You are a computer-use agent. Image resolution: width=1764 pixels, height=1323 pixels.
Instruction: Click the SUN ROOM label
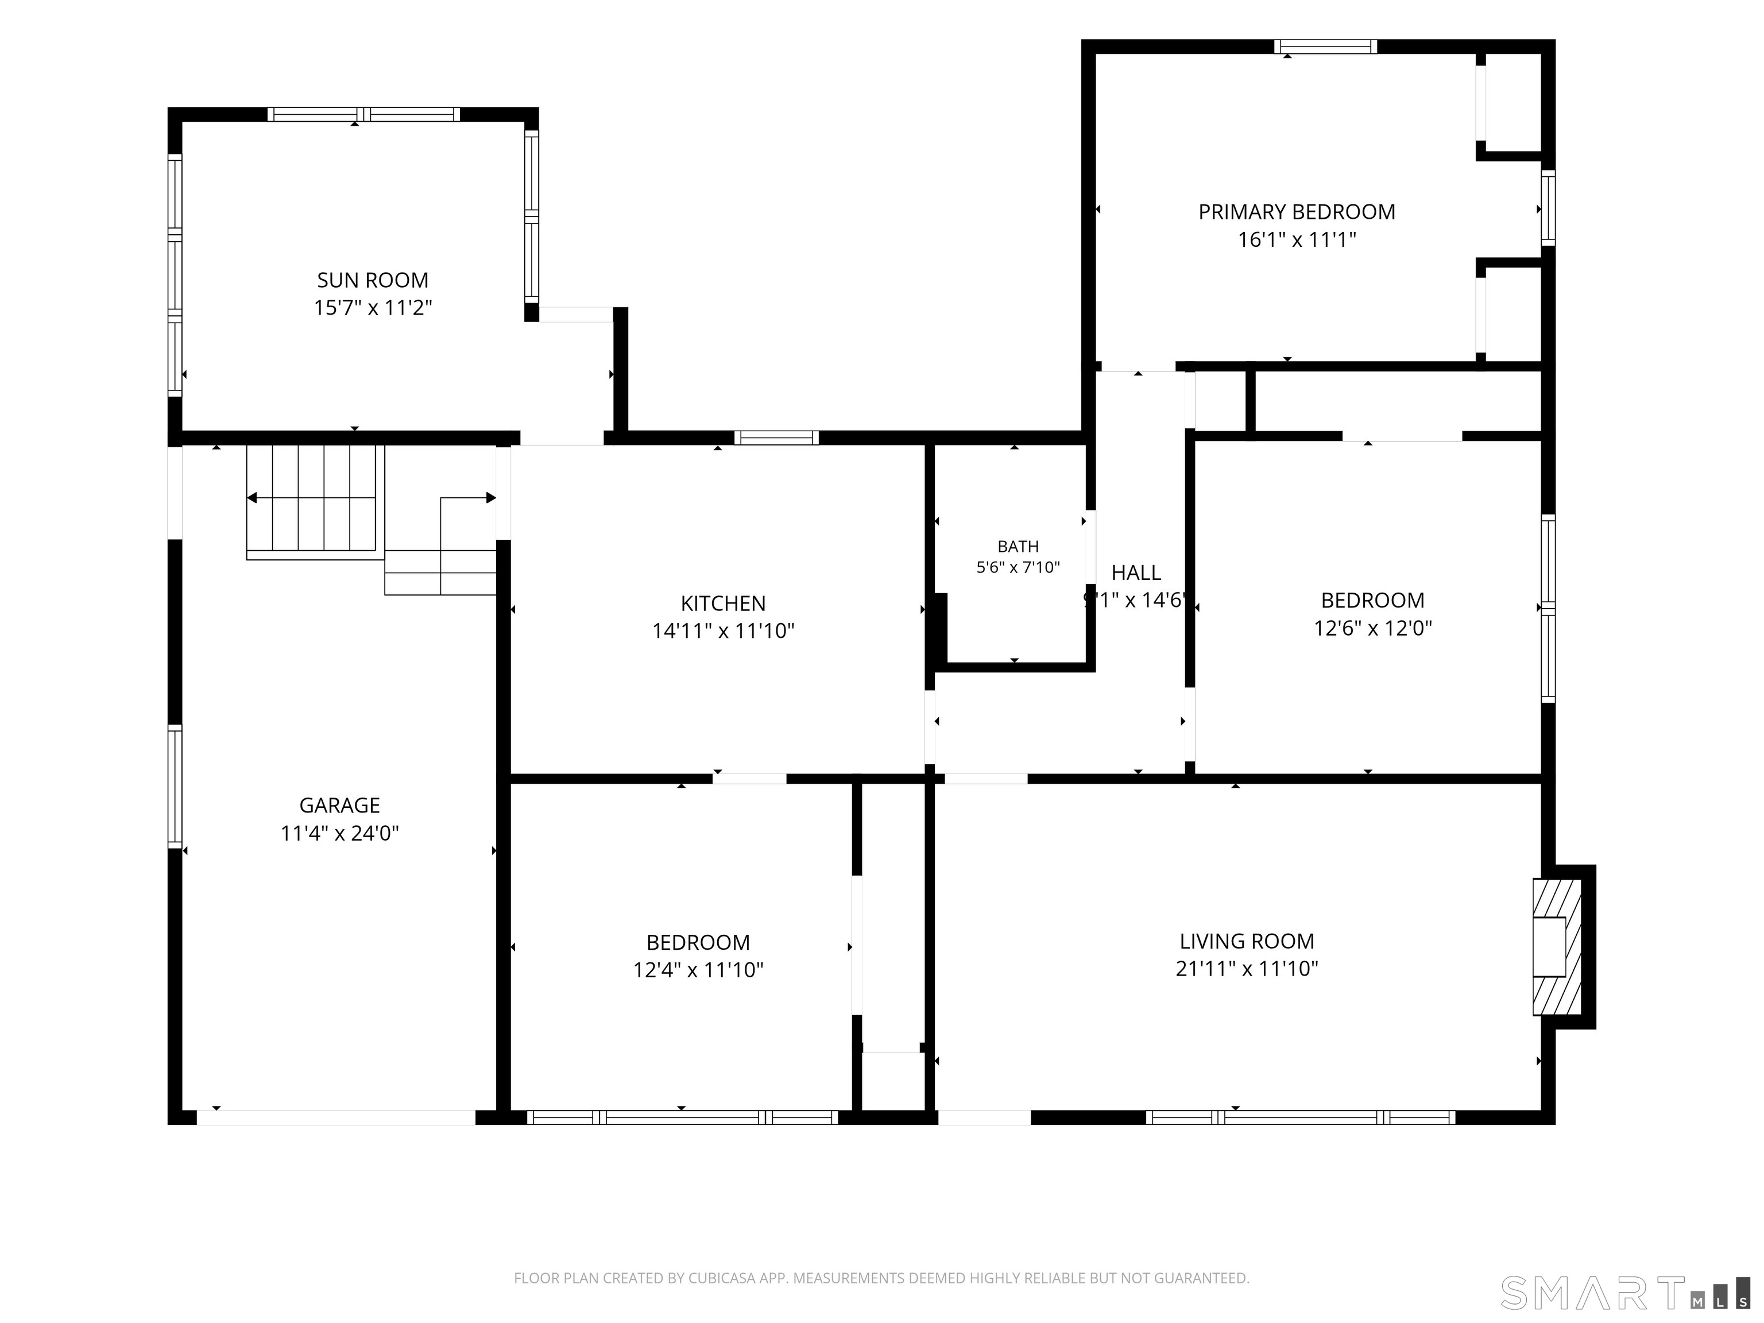click(x=373, y=280)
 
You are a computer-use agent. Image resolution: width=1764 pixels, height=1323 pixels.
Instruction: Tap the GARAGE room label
click(x=340, y=806)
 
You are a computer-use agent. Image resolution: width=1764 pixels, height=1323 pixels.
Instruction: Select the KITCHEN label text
click(x=724, y=604)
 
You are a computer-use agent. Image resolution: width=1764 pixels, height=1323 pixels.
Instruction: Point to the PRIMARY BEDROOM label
click(x=1297, y=212)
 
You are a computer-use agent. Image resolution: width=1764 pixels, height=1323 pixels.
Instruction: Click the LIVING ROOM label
click(x=1247, y=941)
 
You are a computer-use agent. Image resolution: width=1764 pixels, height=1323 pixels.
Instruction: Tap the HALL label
click(x=1136, y=572)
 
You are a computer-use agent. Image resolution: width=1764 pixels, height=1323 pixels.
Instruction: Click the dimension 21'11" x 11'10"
click(x=1247, y=969)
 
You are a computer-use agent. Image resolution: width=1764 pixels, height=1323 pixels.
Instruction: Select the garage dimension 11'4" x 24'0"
click(x=340, y=833)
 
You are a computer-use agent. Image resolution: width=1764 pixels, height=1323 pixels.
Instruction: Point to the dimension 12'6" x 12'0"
click(x=1373, y=628)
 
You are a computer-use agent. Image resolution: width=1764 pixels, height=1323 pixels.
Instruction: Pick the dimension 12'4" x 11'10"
click(x=699, y=970)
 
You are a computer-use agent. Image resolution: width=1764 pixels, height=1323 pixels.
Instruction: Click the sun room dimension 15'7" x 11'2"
click(x=373, y=308)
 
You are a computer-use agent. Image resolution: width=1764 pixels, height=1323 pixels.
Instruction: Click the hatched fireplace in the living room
click(x=1557, y=946)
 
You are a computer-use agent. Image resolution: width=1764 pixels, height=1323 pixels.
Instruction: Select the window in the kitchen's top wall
click(x=777, y=437)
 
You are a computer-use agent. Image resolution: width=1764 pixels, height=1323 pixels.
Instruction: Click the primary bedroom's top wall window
click(x=1325, y=47)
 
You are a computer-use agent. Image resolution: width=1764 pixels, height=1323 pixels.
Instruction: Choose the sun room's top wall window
click(x=363, y=114)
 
